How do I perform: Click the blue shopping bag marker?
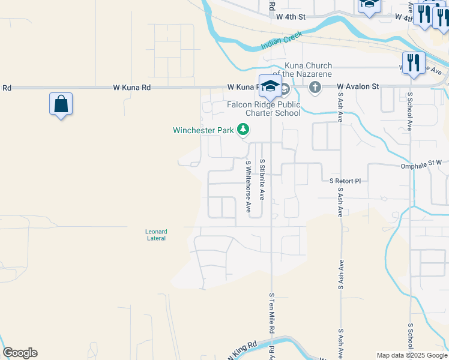click(x=61, y=104)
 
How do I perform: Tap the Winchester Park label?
click(x=203, y=130)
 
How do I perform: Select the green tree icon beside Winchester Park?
click(x=243, y=129)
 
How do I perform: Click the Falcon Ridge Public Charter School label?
click(x=264, y=109)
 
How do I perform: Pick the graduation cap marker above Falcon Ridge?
click(x=270, y=85)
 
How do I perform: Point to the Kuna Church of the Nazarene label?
click(x=298, y=70)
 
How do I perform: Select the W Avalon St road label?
click(x=358, y=86)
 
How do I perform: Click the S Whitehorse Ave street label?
click(x=248, y=186)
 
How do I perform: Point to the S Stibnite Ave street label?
click(x=262, y=179)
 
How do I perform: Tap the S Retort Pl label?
click(x=346, y=180)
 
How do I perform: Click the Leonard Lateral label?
click(x=156, y=235)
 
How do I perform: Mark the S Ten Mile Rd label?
click(x=271, y=313)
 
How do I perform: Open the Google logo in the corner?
click(x=20, y=353)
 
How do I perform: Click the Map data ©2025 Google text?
click(x=412, y=355)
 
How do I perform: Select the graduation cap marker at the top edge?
click(x=369, y=5)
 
